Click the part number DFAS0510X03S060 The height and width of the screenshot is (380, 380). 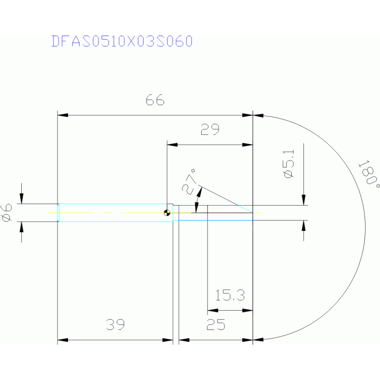(121, 41)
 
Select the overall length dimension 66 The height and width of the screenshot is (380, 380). (155, 101)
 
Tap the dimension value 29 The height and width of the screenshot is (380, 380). (210, 130)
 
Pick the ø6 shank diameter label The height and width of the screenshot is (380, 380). (7, 213)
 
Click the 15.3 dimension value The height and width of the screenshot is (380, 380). (230, 296)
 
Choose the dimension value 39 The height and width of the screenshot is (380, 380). (115, 325)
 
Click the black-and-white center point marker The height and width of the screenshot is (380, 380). (168, 213)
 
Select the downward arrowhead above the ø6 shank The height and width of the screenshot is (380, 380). (21, 199)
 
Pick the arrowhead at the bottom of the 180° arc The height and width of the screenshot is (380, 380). (258, 340)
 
